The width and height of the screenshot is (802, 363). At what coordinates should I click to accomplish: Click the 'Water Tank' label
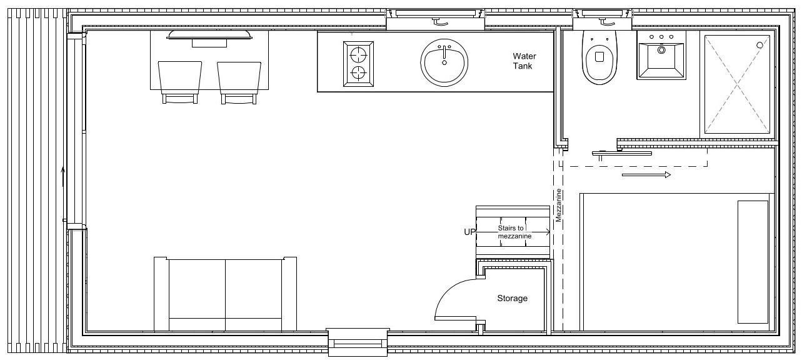coord(524,61)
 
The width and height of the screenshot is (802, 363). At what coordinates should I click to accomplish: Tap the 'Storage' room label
coord(512,298)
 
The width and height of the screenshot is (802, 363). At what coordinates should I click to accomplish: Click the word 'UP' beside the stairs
coord(469,232)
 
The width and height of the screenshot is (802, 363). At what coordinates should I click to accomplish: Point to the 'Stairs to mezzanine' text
coord(514,232)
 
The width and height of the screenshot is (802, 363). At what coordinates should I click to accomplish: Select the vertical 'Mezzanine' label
coord(558,206)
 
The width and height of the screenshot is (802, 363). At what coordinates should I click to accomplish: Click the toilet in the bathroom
coord(599,57)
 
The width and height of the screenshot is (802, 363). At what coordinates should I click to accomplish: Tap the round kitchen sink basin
coord(444,62)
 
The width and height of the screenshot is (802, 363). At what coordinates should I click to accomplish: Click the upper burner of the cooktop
coord(358,55)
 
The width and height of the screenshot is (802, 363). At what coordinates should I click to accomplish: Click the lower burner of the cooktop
coord(358,72)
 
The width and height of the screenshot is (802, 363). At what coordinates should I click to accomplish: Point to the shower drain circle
coord(759,45)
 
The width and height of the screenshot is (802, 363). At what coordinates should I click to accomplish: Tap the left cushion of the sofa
coord(197,289)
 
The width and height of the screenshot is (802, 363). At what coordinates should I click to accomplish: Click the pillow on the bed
coord(753,262)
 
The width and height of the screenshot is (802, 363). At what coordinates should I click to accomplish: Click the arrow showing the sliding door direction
coord(646,175)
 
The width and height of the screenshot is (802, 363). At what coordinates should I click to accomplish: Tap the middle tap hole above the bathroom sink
coord(661,37)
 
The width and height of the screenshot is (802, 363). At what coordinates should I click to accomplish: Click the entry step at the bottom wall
coord(358,342)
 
